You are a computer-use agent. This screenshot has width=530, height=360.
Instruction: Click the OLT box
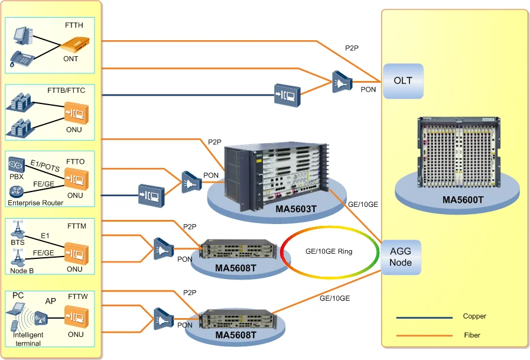click(403, 81)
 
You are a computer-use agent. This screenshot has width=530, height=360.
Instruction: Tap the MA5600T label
click(463, 200)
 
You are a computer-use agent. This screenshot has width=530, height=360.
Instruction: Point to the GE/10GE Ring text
click(329, 251)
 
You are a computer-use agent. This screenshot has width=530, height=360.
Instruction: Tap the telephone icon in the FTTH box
click(22, 58)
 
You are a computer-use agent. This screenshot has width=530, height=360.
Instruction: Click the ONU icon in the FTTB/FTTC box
click(76, 112)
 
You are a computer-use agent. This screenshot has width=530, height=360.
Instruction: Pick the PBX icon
click(17, 163)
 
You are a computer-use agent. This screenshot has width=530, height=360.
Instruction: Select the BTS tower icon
click(17, 228)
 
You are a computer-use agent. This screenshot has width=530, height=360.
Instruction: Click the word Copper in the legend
click(474, 316)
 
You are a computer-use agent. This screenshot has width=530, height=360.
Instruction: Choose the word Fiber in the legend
click(472, 335)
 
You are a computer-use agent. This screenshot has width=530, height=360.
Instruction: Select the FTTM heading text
click(77, 225)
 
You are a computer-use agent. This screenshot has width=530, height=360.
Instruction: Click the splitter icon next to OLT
click(342, 81)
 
